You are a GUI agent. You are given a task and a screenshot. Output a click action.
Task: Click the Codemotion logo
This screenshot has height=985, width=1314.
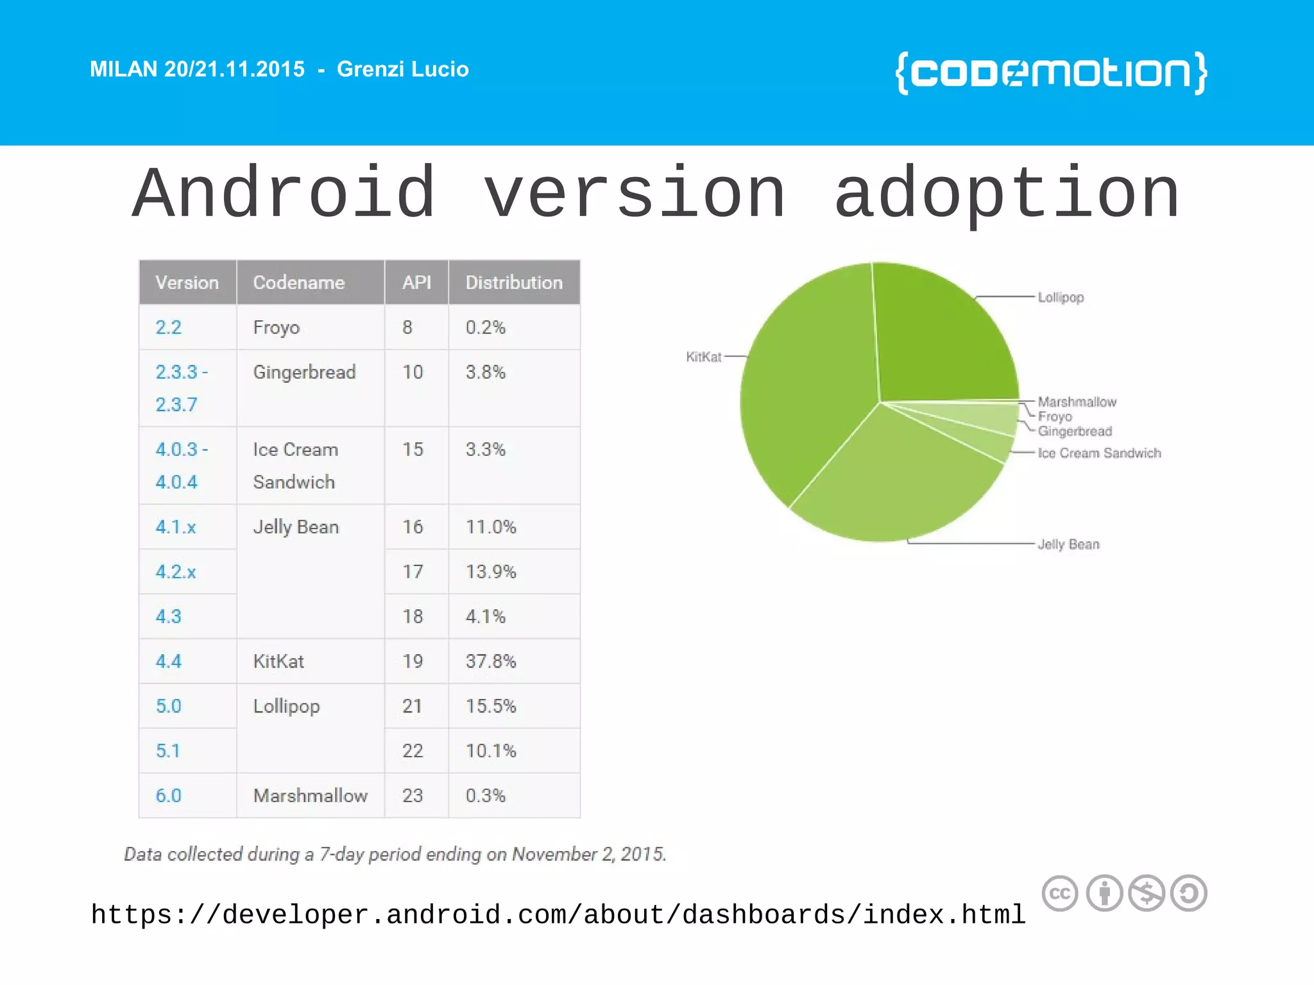tap(1051, 73)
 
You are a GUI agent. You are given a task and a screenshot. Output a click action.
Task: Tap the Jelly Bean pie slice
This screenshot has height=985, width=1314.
tap(898, 481)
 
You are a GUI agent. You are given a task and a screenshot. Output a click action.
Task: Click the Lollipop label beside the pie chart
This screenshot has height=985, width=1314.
tap(1061, 298)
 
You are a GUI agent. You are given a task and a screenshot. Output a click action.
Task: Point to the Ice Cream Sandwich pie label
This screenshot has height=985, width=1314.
tap(1099, 453)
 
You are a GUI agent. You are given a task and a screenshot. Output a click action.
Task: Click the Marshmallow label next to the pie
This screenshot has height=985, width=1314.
tap(1077, 402)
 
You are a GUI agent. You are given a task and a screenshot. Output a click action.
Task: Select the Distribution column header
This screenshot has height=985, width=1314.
tap(514, 283)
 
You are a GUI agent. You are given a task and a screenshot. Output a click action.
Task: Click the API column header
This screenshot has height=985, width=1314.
tap(416, 283)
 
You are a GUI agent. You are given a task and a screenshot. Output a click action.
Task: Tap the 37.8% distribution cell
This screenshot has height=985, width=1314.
tap(491, 661)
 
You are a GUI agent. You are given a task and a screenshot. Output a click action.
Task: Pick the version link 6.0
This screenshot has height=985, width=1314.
tap(169, 796)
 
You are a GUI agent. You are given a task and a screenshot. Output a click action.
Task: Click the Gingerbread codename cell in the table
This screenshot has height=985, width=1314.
tap(304, 373)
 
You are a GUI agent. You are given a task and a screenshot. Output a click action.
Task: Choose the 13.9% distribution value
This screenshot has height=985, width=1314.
tap(491, 571)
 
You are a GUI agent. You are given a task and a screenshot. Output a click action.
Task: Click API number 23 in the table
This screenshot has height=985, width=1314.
tap(413, 796)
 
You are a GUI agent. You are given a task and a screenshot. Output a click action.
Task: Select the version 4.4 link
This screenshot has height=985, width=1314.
tap(169, 661)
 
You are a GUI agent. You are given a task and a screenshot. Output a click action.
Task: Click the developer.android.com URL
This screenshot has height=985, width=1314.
tap(558, 914)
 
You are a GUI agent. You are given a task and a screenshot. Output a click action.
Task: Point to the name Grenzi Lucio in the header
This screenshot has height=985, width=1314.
tap(403, 69)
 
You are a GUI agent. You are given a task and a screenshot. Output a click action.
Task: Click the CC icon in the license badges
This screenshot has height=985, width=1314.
tap(1060, 893)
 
